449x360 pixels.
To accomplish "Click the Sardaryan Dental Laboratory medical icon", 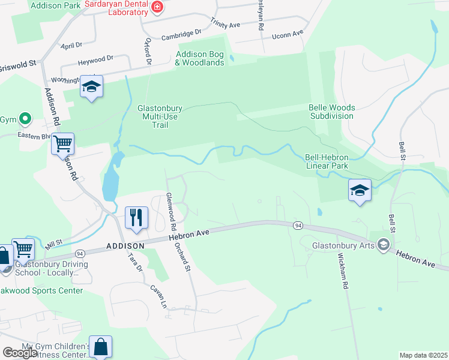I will (157, 7).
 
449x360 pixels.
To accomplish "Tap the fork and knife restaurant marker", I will (137, 217).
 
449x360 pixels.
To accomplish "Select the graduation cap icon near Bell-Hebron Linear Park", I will (360, 190).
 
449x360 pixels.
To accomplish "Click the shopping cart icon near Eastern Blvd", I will (62, 144).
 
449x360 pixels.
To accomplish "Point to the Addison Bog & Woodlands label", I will (200, 58).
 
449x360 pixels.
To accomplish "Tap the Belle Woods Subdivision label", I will (331, 112).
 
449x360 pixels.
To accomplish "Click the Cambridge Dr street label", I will (181, 35).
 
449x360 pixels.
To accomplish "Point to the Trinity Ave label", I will (225, 23).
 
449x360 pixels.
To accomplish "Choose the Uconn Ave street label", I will (289, 35).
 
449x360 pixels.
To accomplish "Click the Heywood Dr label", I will (95, 59).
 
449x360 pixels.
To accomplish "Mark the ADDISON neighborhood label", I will (125, 246).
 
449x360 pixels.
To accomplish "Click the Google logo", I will (19, 353).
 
